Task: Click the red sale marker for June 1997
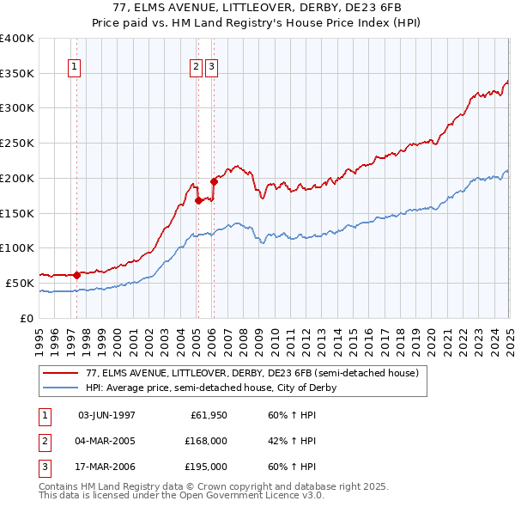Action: [76, 275]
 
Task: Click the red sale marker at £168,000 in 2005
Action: [198, 200]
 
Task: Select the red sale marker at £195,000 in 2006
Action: [214, 181]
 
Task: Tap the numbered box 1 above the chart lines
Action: [75, 66]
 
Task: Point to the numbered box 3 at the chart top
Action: [211, 66]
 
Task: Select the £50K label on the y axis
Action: [20, 283]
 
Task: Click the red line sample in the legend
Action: [60, 374]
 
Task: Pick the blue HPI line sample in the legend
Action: [60, 388]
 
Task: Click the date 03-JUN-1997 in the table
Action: [106, 415]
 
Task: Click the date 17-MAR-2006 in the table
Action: [106, 468]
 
